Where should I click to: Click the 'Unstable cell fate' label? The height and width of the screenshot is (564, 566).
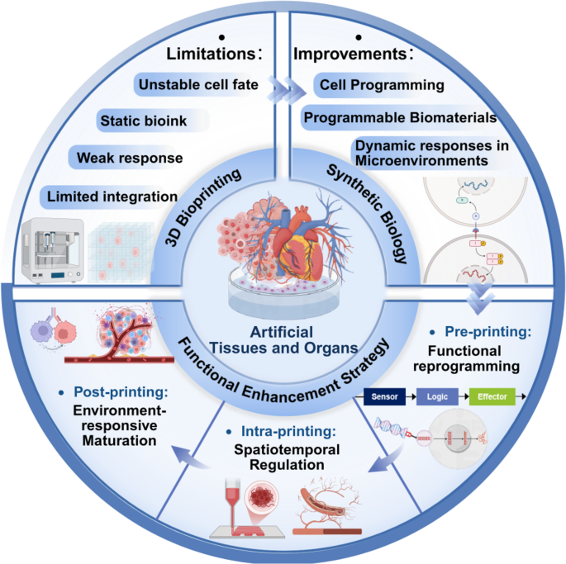click(x=198, y=85)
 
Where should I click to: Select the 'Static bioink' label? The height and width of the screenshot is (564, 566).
click(x=144, y=121)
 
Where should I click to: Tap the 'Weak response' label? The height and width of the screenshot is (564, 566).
click(x=130, y=158)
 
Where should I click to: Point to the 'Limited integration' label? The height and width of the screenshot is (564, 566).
click(x=112, y=197)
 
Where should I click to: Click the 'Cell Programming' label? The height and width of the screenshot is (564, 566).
click(x=382, y=85)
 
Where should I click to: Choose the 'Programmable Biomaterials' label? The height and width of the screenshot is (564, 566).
click(x=400, y=117)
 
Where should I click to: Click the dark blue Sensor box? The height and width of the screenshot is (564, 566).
click(x=384, y=396)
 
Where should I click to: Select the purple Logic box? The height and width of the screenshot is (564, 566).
click(x=437, y=396)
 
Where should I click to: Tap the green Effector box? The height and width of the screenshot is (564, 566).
click(x=492, y=396)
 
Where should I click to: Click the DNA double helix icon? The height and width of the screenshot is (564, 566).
click(x=391, y=427)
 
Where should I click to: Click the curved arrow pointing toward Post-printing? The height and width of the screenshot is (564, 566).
click(x=189, y=457)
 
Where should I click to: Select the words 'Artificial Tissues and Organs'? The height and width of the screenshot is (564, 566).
click(x=283, y=340)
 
